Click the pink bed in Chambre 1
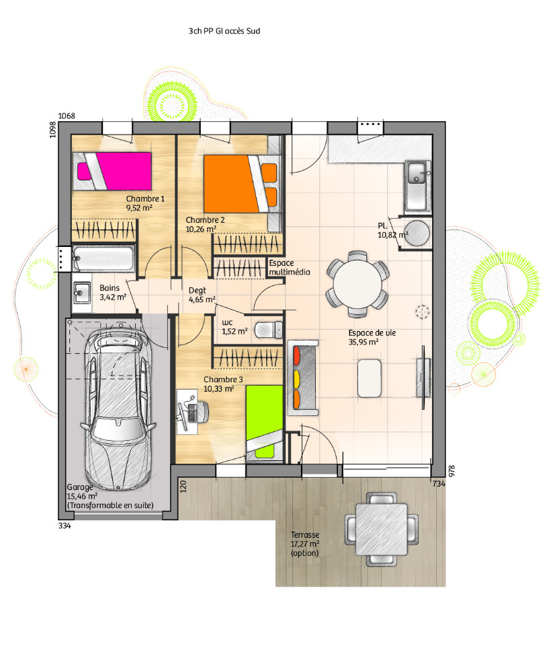click(112, 171)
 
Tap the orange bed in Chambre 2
click(241, 184)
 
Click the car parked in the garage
click(118, 407)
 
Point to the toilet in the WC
click(268, 330)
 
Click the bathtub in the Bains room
click(103, 258)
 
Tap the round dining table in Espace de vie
click(357, 284)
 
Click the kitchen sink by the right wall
click(417, 186)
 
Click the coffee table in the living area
click(369, 378)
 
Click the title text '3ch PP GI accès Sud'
click(224, 31)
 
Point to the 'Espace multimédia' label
click(289, 267)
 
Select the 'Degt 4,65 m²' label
click(202, 295)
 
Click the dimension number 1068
click(67, 116)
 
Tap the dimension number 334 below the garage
click(65, 526)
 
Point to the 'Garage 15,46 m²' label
click(82, 491)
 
